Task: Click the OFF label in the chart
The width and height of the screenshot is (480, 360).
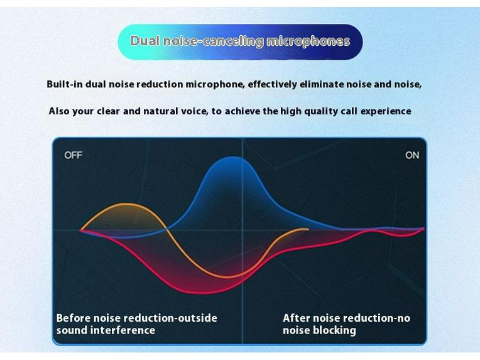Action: pyautogui.click(x=73, y=155)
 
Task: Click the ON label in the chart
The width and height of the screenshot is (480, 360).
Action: pyautogui.click(x=412, y=155)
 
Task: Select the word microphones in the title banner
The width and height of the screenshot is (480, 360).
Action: pyautogui.click(x=308, y=41)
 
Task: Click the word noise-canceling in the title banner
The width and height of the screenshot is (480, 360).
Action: pyautogui.click(x=213, y=41)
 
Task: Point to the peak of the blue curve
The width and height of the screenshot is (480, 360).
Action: pyautogui.click(x=233, y=157)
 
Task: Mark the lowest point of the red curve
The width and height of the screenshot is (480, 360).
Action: pyautogui.click(x=199, y=293)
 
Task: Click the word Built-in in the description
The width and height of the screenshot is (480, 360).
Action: pyautogui.click(x=65, y=84)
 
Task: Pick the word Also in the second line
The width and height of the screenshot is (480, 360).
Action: pyautogui.click(x=59, y=111)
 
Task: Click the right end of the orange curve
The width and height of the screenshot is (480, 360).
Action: pyautogui.click(x=308, y=229)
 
